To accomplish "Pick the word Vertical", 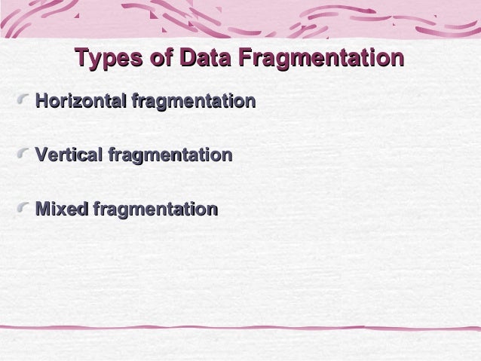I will click(x=69, y=155).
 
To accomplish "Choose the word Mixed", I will click(x=62, y=209).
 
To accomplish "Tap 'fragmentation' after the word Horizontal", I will click(x=193, y=100).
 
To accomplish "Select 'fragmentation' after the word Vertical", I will click(x=170, y=155).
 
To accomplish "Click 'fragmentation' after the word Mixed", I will click(x=155, y=209).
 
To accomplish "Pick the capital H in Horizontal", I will click(x=42, y=100).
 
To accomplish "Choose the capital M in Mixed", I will click(x=44, y=209).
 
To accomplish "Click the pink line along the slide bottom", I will click(x=240, y=329).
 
